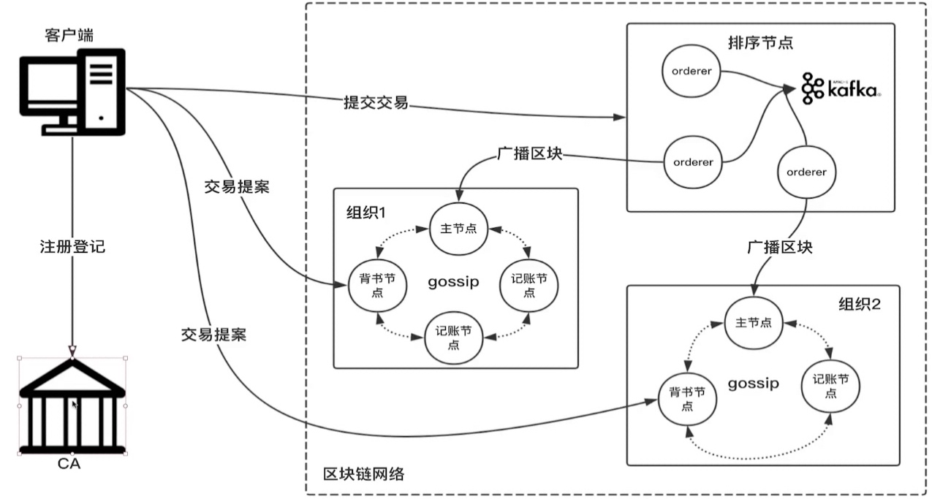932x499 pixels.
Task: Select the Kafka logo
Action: pos(841,88)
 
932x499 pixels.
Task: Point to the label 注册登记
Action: pos(72,247)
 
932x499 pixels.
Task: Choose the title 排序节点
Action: pos(760,42)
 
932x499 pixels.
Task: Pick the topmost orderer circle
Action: pos(691,71)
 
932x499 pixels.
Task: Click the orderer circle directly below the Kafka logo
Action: pos(807,172)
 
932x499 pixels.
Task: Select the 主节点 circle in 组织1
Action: pos(458,228)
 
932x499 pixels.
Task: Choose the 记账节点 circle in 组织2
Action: pos(830,386)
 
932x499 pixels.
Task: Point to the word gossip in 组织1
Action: pos(454,282)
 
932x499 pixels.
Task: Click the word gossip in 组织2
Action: pos(753,384)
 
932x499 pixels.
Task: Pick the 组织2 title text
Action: pos(860,304)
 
